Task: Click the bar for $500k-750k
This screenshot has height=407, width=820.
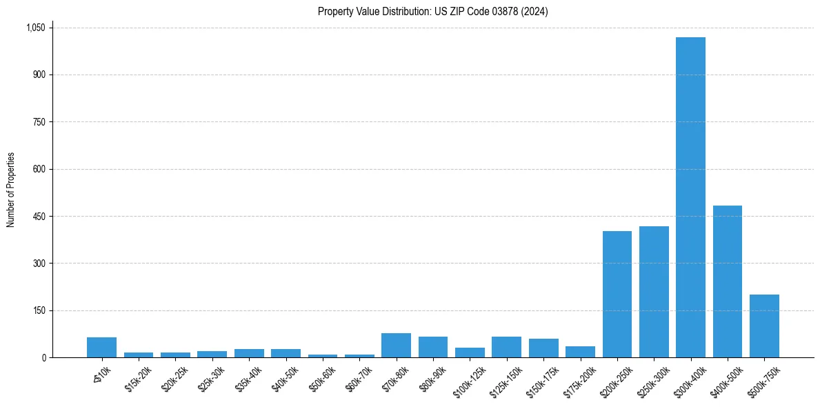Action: tap(764, 326)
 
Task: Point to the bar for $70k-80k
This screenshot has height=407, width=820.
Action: tap(396, 346)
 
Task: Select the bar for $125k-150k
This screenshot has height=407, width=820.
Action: tap(506, 347)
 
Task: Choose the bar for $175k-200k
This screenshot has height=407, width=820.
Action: tap(580, 352)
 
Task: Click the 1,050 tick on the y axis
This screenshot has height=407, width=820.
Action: tap(35, 28)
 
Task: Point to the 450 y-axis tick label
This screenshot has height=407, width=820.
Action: tap(39, 217)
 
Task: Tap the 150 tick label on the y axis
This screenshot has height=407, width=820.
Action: tap(39, 310)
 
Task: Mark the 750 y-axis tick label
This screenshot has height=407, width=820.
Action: tap(39, 122)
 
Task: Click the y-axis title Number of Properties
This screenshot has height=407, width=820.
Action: tap(11, 190)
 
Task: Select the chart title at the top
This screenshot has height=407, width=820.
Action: tap(432, 12)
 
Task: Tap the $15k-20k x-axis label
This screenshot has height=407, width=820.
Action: tap(139, 377)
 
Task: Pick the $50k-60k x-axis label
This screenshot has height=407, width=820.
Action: tap(322, 377)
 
